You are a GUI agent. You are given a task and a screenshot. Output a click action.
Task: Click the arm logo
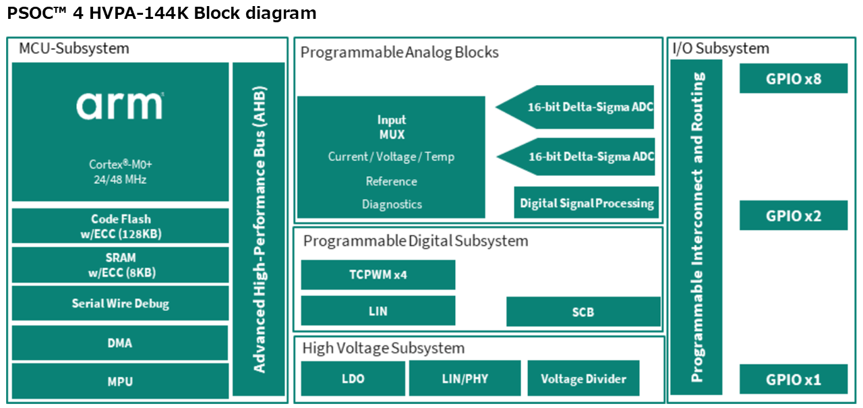[120, 106]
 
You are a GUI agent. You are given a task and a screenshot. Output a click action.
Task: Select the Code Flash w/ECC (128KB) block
[120, 226]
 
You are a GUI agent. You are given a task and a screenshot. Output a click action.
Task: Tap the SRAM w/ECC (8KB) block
[120, 265]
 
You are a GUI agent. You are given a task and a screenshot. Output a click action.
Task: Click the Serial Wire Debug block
[120, 303]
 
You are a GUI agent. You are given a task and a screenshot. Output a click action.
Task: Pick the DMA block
[120, 343]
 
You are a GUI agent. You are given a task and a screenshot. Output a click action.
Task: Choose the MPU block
[120, 382]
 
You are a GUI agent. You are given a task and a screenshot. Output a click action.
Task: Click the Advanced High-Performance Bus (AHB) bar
[259, 229]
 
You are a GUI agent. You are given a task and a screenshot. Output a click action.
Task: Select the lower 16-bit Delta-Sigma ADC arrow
[576, 156]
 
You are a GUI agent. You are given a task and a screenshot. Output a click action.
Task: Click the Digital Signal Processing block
[587, 203]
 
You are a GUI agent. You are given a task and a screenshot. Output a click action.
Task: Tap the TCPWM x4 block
[378, 274]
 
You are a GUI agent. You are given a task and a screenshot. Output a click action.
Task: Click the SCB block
[583, 312]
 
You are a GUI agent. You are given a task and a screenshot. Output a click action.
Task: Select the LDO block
[353, 378]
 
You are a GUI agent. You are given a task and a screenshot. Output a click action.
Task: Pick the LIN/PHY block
[465, 378]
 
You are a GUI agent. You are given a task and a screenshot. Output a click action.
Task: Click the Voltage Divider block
[583, 378]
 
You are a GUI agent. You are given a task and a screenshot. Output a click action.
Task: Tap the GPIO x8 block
[794, 78]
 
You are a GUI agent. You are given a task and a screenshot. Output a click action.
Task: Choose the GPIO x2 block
[794, 215]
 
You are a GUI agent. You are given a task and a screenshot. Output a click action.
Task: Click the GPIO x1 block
[794, 379]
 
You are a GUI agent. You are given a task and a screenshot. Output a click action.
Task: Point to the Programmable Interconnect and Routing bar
[696, 227]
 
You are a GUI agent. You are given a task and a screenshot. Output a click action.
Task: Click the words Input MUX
[392, 127]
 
